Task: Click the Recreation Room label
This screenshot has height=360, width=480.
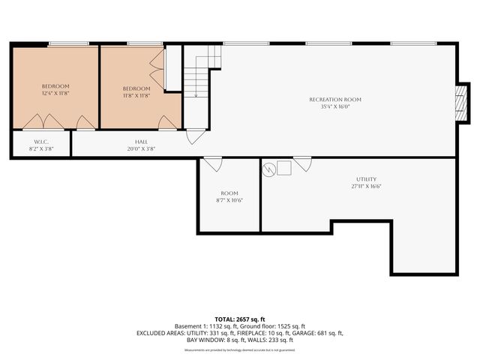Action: (x=335, y=100)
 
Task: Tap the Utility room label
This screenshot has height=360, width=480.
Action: (x=366, y=178)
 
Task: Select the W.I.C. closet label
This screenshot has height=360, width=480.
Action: (x=41, y=142)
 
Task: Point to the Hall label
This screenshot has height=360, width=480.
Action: (x=141, y=142)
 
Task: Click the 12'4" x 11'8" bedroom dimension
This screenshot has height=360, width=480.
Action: (x=55, y=94)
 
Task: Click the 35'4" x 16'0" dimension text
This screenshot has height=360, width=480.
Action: (x=335, y=106)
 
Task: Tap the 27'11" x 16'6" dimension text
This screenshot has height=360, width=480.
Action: (x=366, y=186)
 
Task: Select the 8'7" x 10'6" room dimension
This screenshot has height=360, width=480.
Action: (x=229, y=200)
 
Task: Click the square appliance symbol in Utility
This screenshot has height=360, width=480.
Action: (x=284, y=169)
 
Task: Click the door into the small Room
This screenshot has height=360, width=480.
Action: (x=213, y=163)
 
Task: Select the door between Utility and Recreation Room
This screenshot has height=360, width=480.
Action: (x=302, y=163)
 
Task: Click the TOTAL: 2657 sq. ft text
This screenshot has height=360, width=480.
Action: (x=239, y=319)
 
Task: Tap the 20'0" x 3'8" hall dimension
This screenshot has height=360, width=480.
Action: (x=141, y=148)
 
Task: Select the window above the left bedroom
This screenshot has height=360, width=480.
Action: (x=64, y=43)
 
